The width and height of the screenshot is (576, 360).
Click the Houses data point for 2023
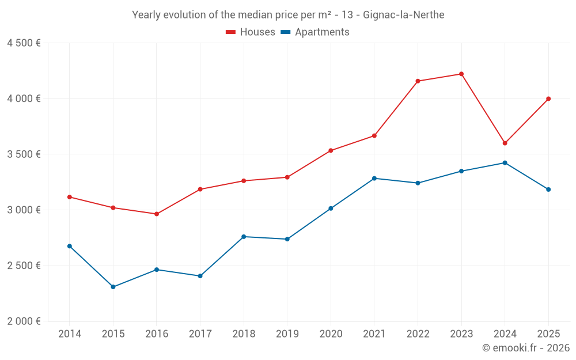[461, 74]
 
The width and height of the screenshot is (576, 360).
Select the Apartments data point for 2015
[113, 287]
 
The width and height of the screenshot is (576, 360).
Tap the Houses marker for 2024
[505, 143]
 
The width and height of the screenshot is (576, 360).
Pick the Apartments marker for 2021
[374, 179]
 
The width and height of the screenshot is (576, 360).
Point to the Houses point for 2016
[157, 214]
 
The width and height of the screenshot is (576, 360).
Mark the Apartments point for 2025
[548, 190]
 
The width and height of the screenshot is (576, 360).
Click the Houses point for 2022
[418, 81]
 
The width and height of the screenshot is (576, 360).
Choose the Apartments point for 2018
[244, 237]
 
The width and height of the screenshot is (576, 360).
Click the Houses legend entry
[251, 32]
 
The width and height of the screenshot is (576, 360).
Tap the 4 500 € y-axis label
[24, 43]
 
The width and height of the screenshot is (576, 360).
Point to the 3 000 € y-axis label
[24, 210]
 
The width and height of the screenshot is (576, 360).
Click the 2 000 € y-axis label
[24, 321]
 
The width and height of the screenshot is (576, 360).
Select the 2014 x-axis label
[70, 334]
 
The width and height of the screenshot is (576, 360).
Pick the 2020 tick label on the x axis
[331, 334]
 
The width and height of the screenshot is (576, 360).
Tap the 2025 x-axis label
[548, 334]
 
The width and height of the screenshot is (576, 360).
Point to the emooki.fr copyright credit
[526, 348]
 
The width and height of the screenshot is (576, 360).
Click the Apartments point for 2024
[505, 163]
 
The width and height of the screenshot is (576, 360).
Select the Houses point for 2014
[70, 197]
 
